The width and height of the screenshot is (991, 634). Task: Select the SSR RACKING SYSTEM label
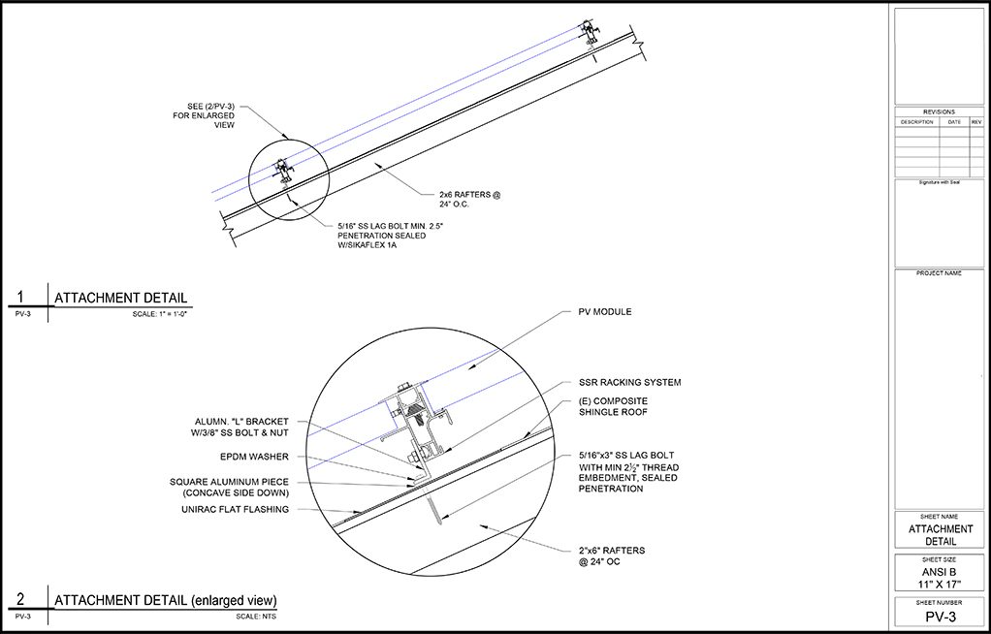(629, 383)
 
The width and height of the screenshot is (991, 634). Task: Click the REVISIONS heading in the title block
(939, 112)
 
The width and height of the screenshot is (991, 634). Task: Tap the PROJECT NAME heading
(939, 273)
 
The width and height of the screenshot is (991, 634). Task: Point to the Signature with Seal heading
(939, 182)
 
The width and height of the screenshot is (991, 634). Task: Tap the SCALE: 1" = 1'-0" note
(160, 315)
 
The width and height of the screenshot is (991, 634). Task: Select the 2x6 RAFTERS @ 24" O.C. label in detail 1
(469, 200)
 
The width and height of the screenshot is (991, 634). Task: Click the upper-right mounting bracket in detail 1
(589, 31)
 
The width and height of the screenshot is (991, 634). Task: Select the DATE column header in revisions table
(954, 122)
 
